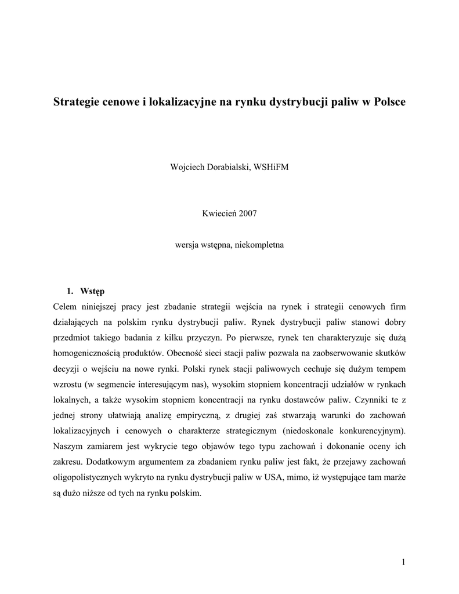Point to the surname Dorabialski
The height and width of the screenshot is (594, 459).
pos(230,167)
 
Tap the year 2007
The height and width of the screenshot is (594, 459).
pos(247,213)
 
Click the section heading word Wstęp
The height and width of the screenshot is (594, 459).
pos(92,291)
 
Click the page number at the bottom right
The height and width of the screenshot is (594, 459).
pos(403,562)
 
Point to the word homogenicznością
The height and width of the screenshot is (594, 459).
pos(87,353)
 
